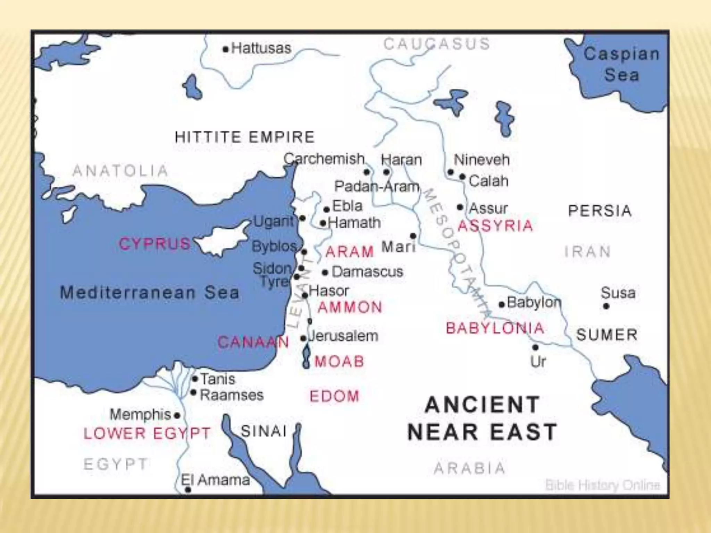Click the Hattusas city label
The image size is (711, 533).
(x=261, y=48)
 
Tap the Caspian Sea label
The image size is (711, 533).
(x=621, y=64)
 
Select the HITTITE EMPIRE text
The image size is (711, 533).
(x=244, y=137)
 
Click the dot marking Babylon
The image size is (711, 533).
(x=501, y=305)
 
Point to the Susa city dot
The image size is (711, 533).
(x=606, y=306)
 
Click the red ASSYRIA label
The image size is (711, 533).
(x=495, y=226)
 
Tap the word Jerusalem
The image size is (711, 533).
(x=343, y=336)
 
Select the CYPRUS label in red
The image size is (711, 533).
(x=154, y=244)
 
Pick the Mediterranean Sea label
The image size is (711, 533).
(x=150, y=293)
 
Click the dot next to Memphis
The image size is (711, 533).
(x=177, y=415)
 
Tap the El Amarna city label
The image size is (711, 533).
(x=215, y=480)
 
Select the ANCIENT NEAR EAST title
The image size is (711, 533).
(x=482, y=418)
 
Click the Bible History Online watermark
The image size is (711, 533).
(x=602, y=485)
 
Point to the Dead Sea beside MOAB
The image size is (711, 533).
(x=306, y=357)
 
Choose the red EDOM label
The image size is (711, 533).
(x=334, y=396)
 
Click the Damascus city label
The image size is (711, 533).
(x=367, y=272)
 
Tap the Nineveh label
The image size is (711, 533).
(x=482, y=160)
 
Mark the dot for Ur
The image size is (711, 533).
(x=535, y=347)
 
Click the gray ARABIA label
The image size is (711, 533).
(x=469, y=468)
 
